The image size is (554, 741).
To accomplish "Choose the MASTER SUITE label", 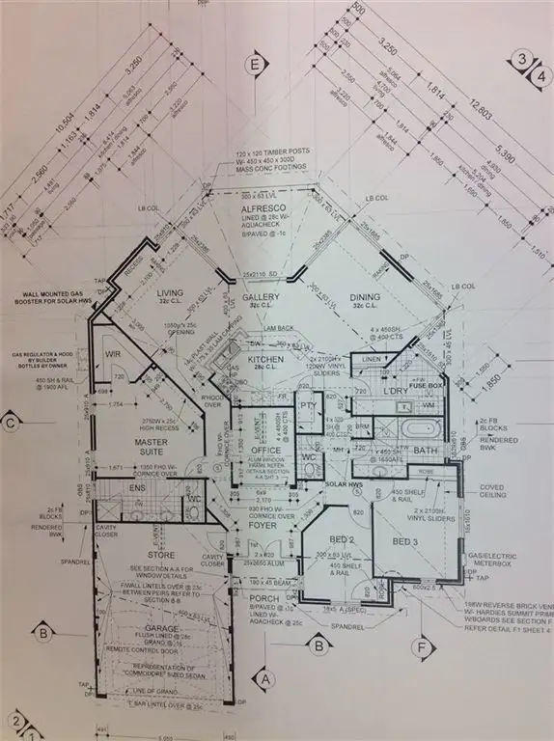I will tap(152, 446).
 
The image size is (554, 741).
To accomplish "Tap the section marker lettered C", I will tap(12, 422).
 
